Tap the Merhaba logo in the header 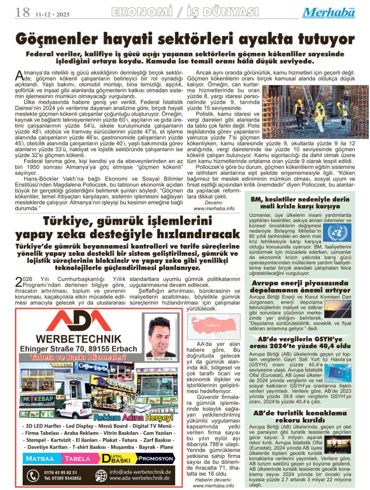329,13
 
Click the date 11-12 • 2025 52,14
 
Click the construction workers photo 315,112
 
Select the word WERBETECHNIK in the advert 78,339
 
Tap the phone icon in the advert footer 33,475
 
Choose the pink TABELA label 77,459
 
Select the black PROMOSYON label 155,458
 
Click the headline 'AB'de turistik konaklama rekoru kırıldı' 300,416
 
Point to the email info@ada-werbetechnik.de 140,472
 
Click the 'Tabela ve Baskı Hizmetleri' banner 78,357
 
